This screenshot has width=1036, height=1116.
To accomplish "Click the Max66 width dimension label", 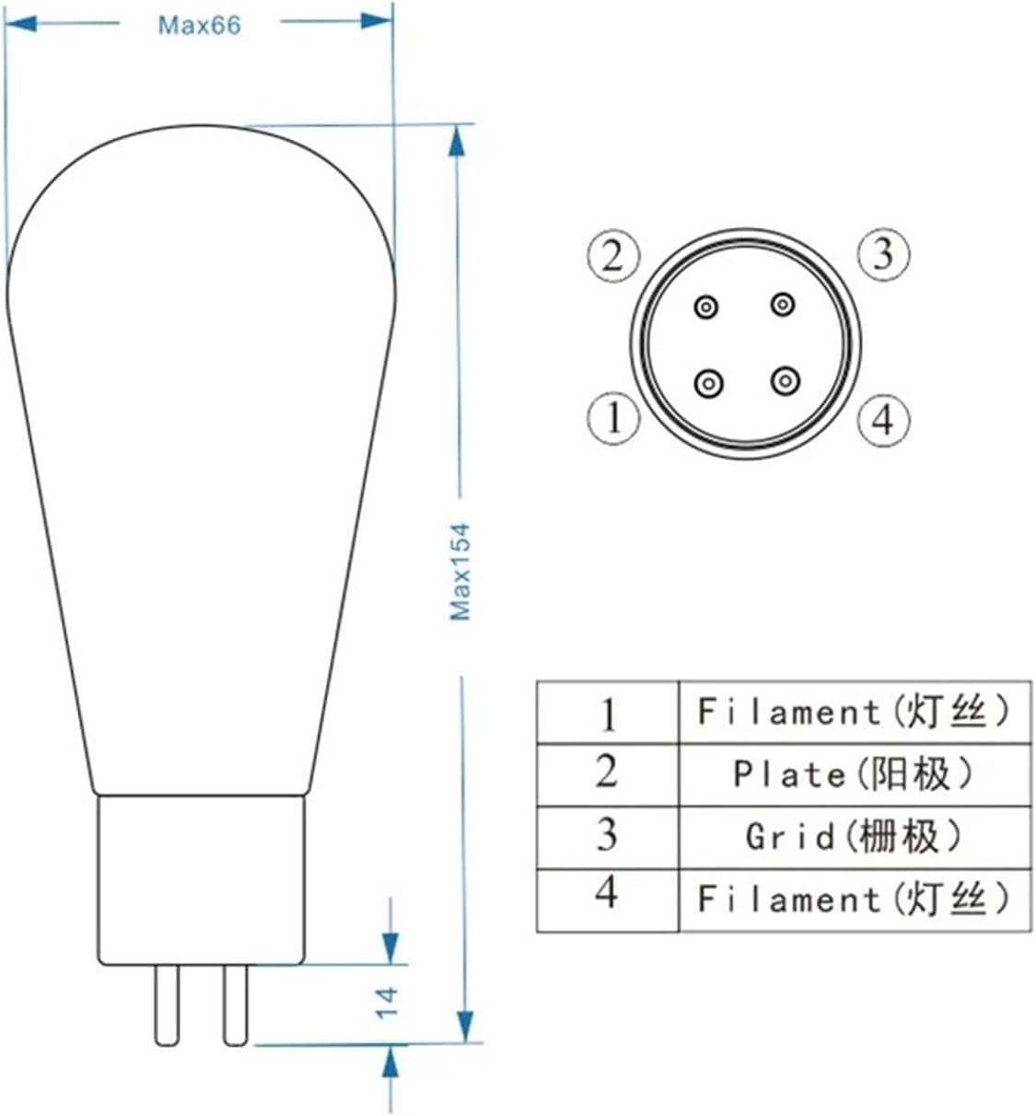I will click(x=199, y=25).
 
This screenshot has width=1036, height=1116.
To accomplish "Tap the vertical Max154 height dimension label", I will click(x=460, y=571).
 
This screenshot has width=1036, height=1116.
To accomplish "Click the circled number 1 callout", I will click(x=613, y=418).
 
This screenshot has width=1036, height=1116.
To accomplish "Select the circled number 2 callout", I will click(x=613, y=254).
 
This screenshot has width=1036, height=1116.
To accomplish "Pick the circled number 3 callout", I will click(x=883, y=253).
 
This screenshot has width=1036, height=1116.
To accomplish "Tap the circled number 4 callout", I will click(x=883, y=420).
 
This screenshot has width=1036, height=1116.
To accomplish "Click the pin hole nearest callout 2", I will click(x=706, y=308).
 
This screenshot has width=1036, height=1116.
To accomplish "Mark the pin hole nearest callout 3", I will click(x=783, y=303).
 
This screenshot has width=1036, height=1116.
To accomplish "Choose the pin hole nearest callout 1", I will click(x=708, y=381).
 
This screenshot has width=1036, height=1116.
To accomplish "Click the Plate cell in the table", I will click(x=853, y=774).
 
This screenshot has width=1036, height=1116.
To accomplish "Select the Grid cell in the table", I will click(x=853, y=837).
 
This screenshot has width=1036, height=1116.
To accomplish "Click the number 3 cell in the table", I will click(x=607, y=835).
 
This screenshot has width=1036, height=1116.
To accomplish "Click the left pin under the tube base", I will click(x=167, y=1004).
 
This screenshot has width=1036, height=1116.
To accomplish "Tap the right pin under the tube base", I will click(x=236, y=1004).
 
